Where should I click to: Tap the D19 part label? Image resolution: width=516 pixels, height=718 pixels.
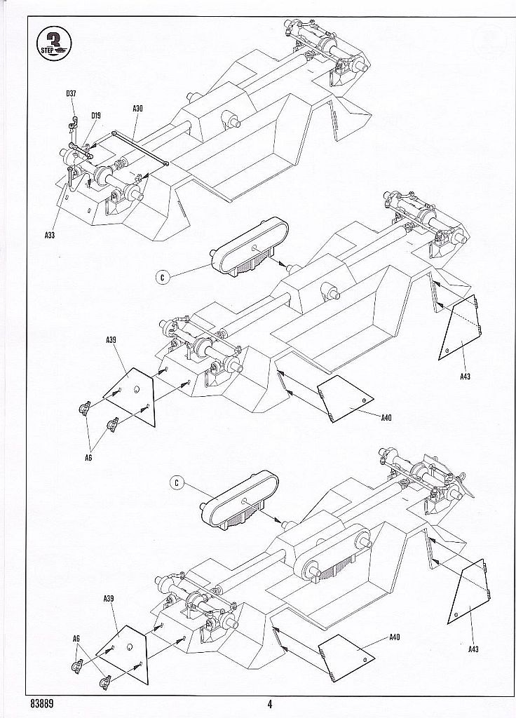coord(95,116)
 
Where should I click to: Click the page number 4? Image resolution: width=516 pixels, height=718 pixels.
coord(269,704)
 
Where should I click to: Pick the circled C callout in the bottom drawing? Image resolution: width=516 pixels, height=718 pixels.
coord(179,482)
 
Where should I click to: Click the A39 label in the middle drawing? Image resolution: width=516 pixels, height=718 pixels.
coord(111,340)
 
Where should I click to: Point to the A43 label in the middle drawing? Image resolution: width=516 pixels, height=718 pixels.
coord(465,377)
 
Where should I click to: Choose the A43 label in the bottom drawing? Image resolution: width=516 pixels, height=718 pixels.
coord(474,649)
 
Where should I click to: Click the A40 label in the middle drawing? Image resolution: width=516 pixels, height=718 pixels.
coord(386,419)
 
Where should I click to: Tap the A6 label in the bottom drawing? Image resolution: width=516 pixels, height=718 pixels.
coord(76,637)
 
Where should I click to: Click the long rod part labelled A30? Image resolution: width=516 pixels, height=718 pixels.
coord(140,148)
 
